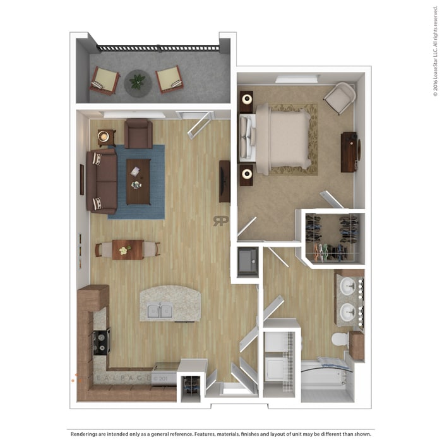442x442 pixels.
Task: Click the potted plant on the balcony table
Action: [137, 81]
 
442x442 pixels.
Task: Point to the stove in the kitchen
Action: [101, 342]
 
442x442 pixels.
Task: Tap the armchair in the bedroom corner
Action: [340, 97]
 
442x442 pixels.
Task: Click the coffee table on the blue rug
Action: [138, 181]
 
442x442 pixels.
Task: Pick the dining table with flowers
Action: [128, 249]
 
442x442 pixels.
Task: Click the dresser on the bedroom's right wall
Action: [349, 152]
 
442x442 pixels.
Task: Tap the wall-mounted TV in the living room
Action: [224, 181]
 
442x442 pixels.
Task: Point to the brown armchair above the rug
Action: [138, 133]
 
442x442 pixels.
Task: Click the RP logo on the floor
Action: [220, 220]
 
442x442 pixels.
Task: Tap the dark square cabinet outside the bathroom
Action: [247, 261]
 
